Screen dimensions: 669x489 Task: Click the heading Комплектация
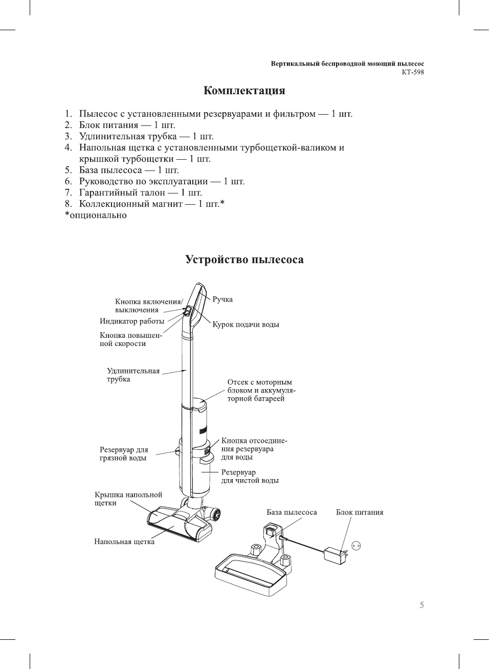point(244,91)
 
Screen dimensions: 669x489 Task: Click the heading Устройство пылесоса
point(244,260)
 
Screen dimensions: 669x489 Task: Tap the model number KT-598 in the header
point(412,72)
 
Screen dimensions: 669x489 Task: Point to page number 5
point(421,605)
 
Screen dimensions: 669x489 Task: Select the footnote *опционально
point(96,215)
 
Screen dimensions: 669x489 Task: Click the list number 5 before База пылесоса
point(68,170)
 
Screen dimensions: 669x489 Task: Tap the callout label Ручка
point(223,299)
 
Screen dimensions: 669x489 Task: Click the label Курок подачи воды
point(246,325)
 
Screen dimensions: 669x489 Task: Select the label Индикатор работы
point(132,321)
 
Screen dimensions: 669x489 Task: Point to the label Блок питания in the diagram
point(359,512)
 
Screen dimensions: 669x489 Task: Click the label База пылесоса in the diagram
point(292,512)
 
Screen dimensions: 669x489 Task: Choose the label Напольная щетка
point(124,542)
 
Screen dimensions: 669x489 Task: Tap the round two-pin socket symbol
point(357,546)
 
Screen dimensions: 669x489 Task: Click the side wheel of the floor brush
point(216,514)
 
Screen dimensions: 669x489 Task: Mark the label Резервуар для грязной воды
point(124,454)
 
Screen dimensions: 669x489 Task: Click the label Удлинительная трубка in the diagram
point(133,375)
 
